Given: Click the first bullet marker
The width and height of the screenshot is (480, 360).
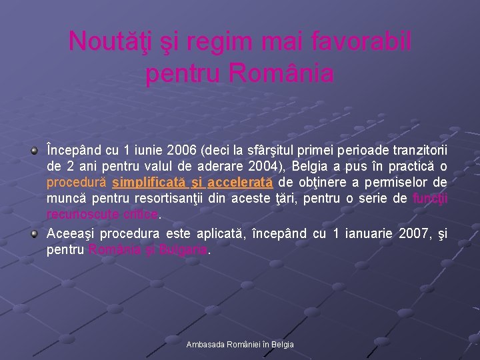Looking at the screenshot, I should (x=34, y=151).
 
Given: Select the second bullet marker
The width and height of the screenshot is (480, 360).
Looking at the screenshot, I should (x=34, y=234).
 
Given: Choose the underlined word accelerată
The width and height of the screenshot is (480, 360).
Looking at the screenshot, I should (x=239, y=182).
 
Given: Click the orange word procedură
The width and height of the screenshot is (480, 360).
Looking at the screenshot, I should (x=77, y=182).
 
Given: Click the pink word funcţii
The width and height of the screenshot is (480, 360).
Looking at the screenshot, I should (x=430, y=199).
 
